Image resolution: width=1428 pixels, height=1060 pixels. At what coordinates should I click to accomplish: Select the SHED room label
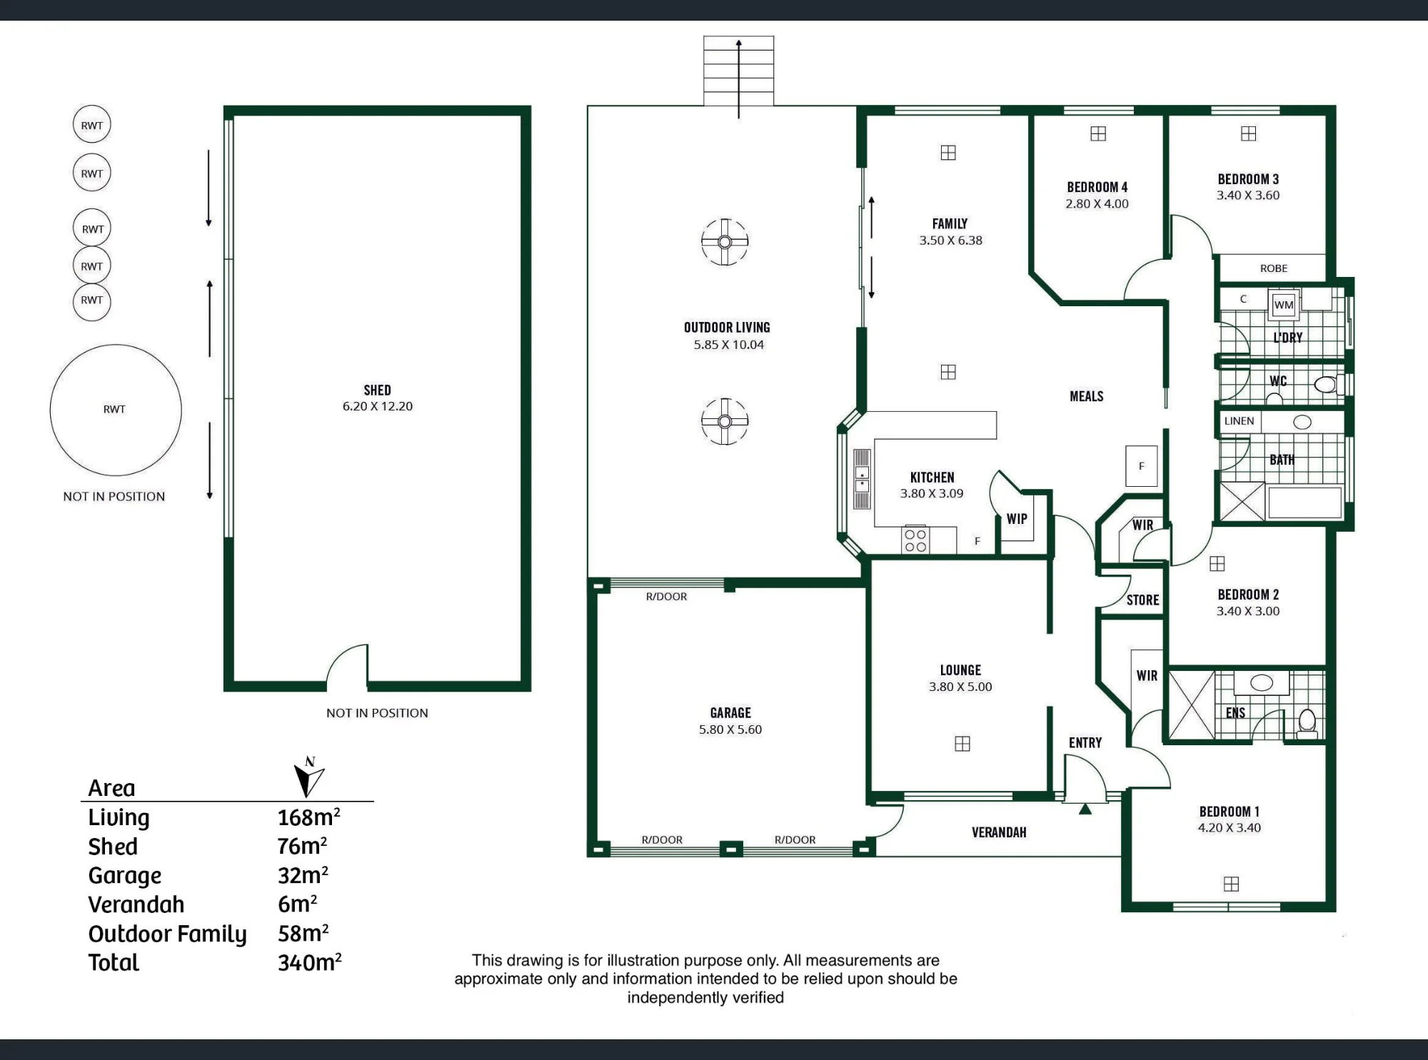coord(377,390)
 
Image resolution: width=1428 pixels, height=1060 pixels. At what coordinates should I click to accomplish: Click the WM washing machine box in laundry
coord(1283,305)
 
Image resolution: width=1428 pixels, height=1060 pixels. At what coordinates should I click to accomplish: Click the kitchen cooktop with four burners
coord(915,540)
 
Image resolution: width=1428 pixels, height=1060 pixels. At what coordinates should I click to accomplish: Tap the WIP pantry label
coord(1017,519)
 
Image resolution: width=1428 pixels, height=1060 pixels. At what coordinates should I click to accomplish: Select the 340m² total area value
coord(309,962)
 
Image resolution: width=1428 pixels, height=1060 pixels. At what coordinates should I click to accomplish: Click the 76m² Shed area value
coord(302,846)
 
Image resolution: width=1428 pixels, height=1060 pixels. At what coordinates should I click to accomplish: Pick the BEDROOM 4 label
coord(1097,187)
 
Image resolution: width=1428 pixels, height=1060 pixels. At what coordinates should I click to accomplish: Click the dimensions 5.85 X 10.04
coord(728,345)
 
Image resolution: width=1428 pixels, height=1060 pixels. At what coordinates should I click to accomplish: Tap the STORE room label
coord(1142,600)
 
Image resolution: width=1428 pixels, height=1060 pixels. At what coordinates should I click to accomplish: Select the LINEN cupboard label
coord(1239,421)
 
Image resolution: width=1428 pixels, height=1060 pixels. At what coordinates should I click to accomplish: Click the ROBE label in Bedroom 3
coord(1273,268)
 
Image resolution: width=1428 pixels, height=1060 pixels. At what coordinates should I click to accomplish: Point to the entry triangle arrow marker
coord(1085,809)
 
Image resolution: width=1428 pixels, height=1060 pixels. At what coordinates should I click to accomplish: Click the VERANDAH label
coord(998,832)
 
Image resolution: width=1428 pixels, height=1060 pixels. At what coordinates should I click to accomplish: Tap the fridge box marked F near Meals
coord(1141,466)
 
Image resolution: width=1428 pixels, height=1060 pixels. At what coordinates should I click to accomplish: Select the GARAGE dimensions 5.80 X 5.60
coord(730,730)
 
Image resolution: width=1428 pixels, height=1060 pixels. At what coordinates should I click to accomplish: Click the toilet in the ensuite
coord(1307,723)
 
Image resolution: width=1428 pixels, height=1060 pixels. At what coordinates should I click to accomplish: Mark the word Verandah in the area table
coord(136,904)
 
